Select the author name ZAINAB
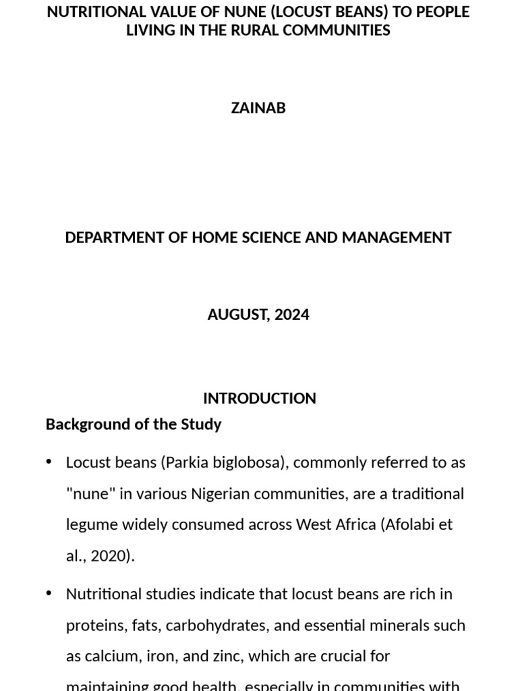[258, 108]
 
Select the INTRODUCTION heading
[259, 398]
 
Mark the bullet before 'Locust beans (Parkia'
[49, 462]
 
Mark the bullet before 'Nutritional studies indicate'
[49, 594]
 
